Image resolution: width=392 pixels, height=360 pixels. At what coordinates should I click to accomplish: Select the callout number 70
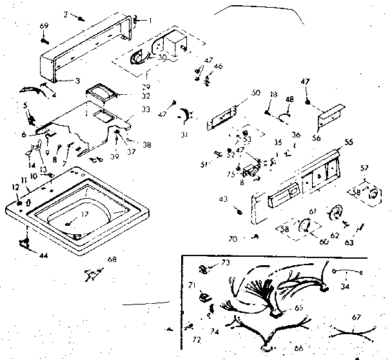[x=234, y=239]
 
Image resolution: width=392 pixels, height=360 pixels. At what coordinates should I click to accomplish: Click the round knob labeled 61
[x=334, y=212]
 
